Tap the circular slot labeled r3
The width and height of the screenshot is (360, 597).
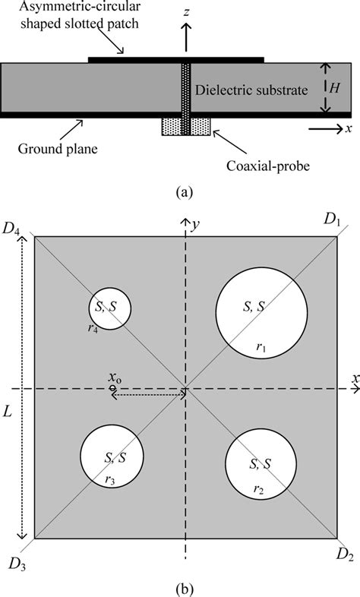pyautogui.click(x=112, y=458)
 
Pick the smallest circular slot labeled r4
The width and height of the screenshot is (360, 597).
pyautogui.click(x=108, y=308)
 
